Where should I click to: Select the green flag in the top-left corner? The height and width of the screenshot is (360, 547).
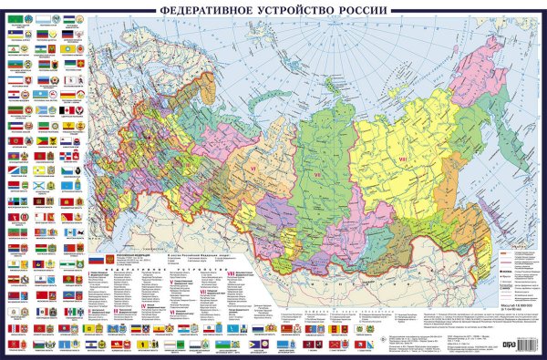pos(14,16)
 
